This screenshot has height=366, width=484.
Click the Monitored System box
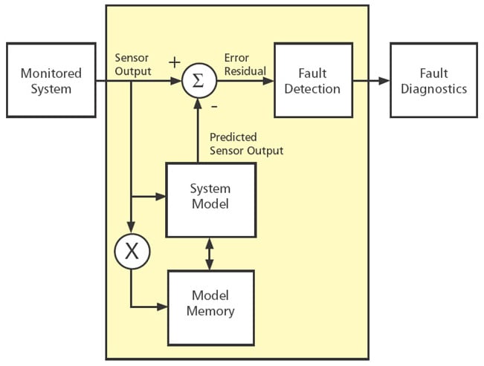[51, 80]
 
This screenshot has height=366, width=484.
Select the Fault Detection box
[312, 80]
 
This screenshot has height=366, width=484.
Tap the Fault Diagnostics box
[434, 80]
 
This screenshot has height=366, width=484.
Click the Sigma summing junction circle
[198, 80]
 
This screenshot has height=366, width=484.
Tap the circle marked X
[132, 251]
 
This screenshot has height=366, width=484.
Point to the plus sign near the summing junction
[175, 62]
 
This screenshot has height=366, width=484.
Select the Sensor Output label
[133, 65]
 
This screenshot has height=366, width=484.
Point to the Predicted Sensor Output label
[246, 144]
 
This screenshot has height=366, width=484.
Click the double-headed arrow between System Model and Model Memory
[210, 253]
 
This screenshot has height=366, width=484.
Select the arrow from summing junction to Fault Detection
[245, 80]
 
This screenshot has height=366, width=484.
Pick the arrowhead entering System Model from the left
[161, 197]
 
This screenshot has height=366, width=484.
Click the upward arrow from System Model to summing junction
[198, 130]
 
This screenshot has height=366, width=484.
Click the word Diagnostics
[434, 88]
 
